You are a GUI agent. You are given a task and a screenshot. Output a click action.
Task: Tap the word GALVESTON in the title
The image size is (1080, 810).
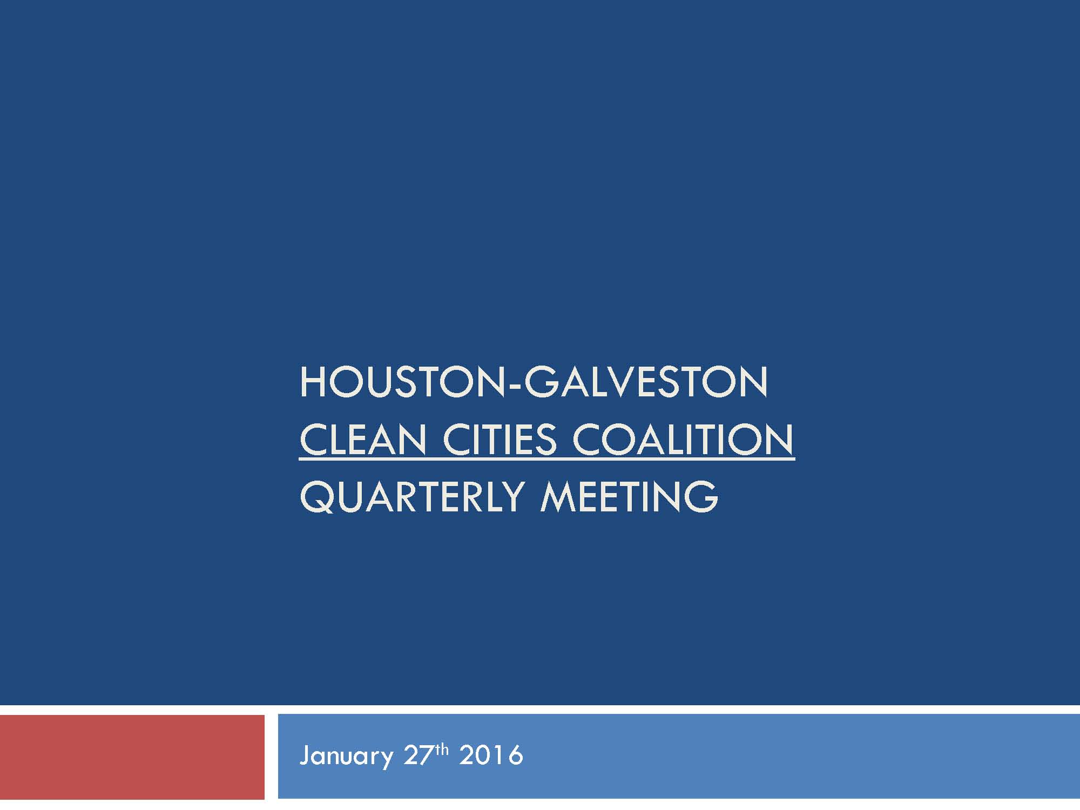click(x=646, y=382)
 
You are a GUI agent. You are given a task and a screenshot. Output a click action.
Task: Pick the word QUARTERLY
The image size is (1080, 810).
click(x=412, y=497)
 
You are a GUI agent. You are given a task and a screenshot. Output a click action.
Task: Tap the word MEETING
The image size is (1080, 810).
click(x=630, y=496)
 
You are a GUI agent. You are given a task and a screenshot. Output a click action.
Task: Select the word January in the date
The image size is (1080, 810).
click(x=346, y=755)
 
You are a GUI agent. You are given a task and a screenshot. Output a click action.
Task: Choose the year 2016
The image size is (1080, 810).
click(x=491, y=755)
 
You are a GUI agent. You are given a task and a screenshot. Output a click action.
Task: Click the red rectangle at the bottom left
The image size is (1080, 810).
click(x=132, y=757)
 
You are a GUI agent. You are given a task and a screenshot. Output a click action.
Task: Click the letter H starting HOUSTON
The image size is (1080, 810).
click(x=313, y=382)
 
